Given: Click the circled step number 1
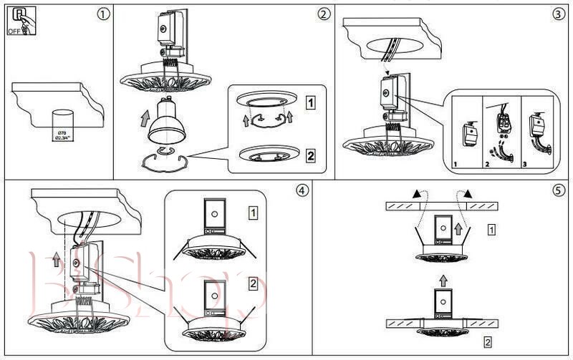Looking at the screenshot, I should tap(105, 14).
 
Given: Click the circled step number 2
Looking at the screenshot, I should tap(324, 14).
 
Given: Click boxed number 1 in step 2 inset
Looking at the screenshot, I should tap(309, 102).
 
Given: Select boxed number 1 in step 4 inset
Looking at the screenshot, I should tap(253, 213).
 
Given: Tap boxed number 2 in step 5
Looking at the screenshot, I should tap(488, 341).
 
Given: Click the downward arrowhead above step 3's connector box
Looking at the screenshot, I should tap(387, 72).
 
